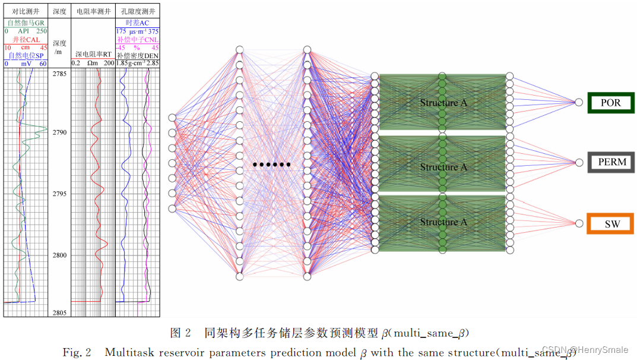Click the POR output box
[611, 103]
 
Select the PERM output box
[611, 162]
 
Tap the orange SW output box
[611, 223]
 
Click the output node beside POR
[579, 103]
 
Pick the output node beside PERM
[579, 162]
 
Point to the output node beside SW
[579, 223]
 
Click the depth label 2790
[59, 132]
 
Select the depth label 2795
[59, 194]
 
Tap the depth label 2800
[59, 255]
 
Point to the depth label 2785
[59, 74]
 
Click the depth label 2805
[59, 312]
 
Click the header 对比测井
[26, 11]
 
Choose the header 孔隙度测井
[137, 11]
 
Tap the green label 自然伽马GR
[26, 23]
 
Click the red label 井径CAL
[26, 39]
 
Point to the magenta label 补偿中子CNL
[137, 39]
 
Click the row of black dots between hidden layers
[272, 164]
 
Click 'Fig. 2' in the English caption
[77, 352]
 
